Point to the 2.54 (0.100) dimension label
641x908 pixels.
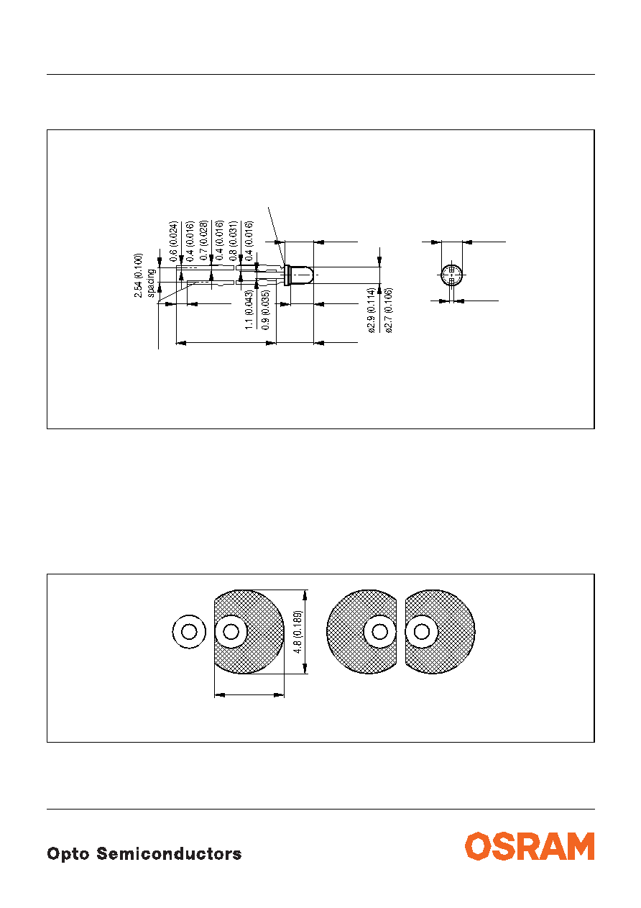(x=138, y=275)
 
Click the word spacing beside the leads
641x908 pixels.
(x=151, y=283)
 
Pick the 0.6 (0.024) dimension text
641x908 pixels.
(x=173, y=241)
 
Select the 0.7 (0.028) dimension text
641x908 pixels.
(x=203, y=241)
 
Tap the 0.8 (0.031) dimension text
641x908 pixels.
(x=233, y=241)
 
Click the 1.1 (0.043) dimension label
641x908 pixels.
(x=249, y=310)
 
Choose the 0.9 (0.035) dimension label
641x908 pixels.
(x=266, y=310)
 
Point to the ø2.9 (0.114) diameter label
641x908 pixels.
(x=371, y=311)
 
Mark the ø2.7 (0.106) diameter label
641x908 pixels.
(x=389, y=311)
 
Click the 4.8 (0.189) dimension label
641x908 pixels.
(x=298, y=632)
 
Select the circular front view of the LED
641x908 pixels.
(x=451, y=275)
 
